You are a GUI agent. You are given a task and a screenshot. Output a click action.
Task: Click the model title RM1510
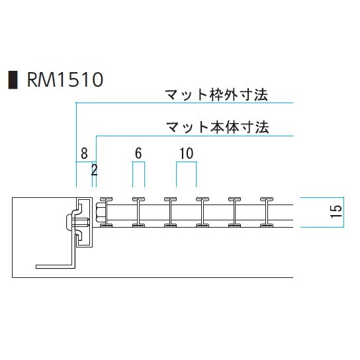[66, 79]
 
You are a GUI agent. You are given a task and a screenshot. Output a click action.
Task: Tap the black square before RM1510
[13, 79]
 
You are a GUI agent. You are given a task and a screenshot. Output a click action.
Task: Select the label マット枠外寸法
[216, 95]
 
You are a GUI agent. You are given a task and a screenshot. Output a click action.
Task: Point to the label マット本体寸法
[217, 128]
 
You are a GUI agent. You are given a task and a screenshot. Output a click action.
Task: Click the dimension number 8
[84, 154]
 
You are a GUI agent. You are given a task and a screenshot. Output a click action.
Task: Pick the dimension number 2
[95, 170]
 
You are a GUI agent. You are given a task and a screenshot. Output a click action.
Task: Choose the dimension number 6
[138, 154]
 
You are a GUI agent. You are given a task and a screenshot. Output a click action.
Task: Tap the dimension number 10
[186, 154]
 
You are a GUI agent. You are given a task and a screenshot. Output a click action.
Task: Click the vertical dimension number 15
[336, 211]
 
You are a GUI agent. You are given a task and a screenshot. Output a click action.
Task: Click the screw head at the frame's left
[68, 222]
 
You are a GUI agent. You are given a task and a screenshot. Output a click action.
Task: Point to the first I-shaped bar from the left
[107, 212]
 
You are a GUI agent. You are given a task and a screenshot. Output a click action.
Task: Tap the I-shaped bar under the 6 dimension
[138, 212]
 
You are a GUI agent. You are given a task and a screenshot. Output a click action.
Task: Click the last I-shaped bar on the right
[267, 212]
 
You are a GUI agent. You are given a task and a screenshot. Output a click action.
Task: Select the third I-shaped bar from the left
[170, 212]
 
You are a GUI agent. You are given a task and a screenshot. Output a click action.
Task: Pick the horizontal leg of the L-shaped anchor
[56, 267]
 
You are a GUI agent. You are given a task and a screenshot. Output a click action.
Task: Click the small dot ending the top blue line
[76, 103]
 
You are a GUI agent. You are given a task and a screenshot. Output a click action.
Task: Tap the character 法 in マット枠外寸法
[261, 95]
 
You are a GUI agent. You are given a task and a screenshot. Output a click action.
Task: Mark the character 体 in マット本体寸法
[232, 128]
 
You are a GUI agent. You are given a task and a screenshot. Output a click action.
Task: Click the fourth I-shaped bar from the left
[202, 212]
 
